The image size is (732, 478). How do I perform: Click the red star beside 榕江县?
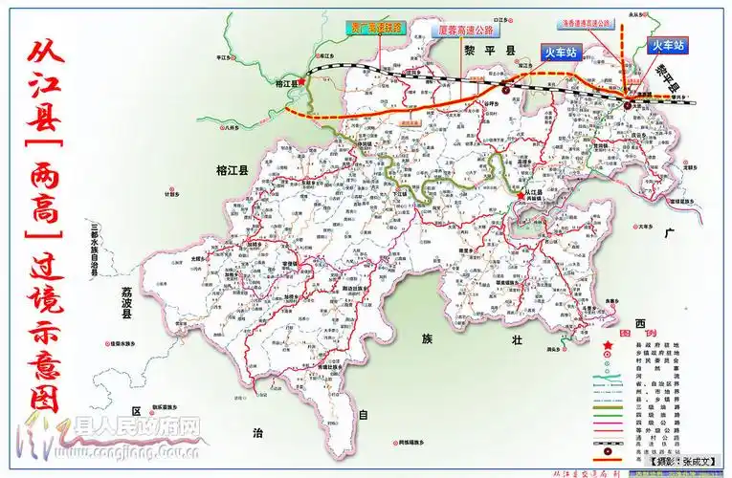point(302,82)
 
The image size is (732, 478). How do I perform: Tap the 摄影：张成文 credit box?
point(682,462)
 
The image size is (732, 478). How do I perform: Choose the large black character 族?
point(426,339)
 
